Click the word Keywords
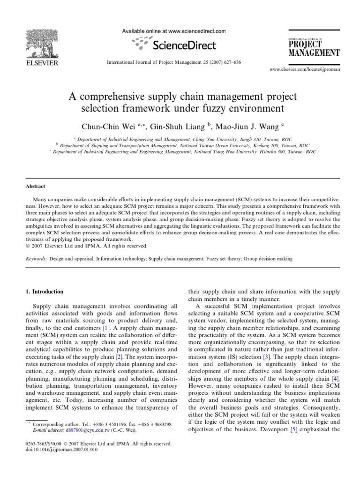36,258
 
